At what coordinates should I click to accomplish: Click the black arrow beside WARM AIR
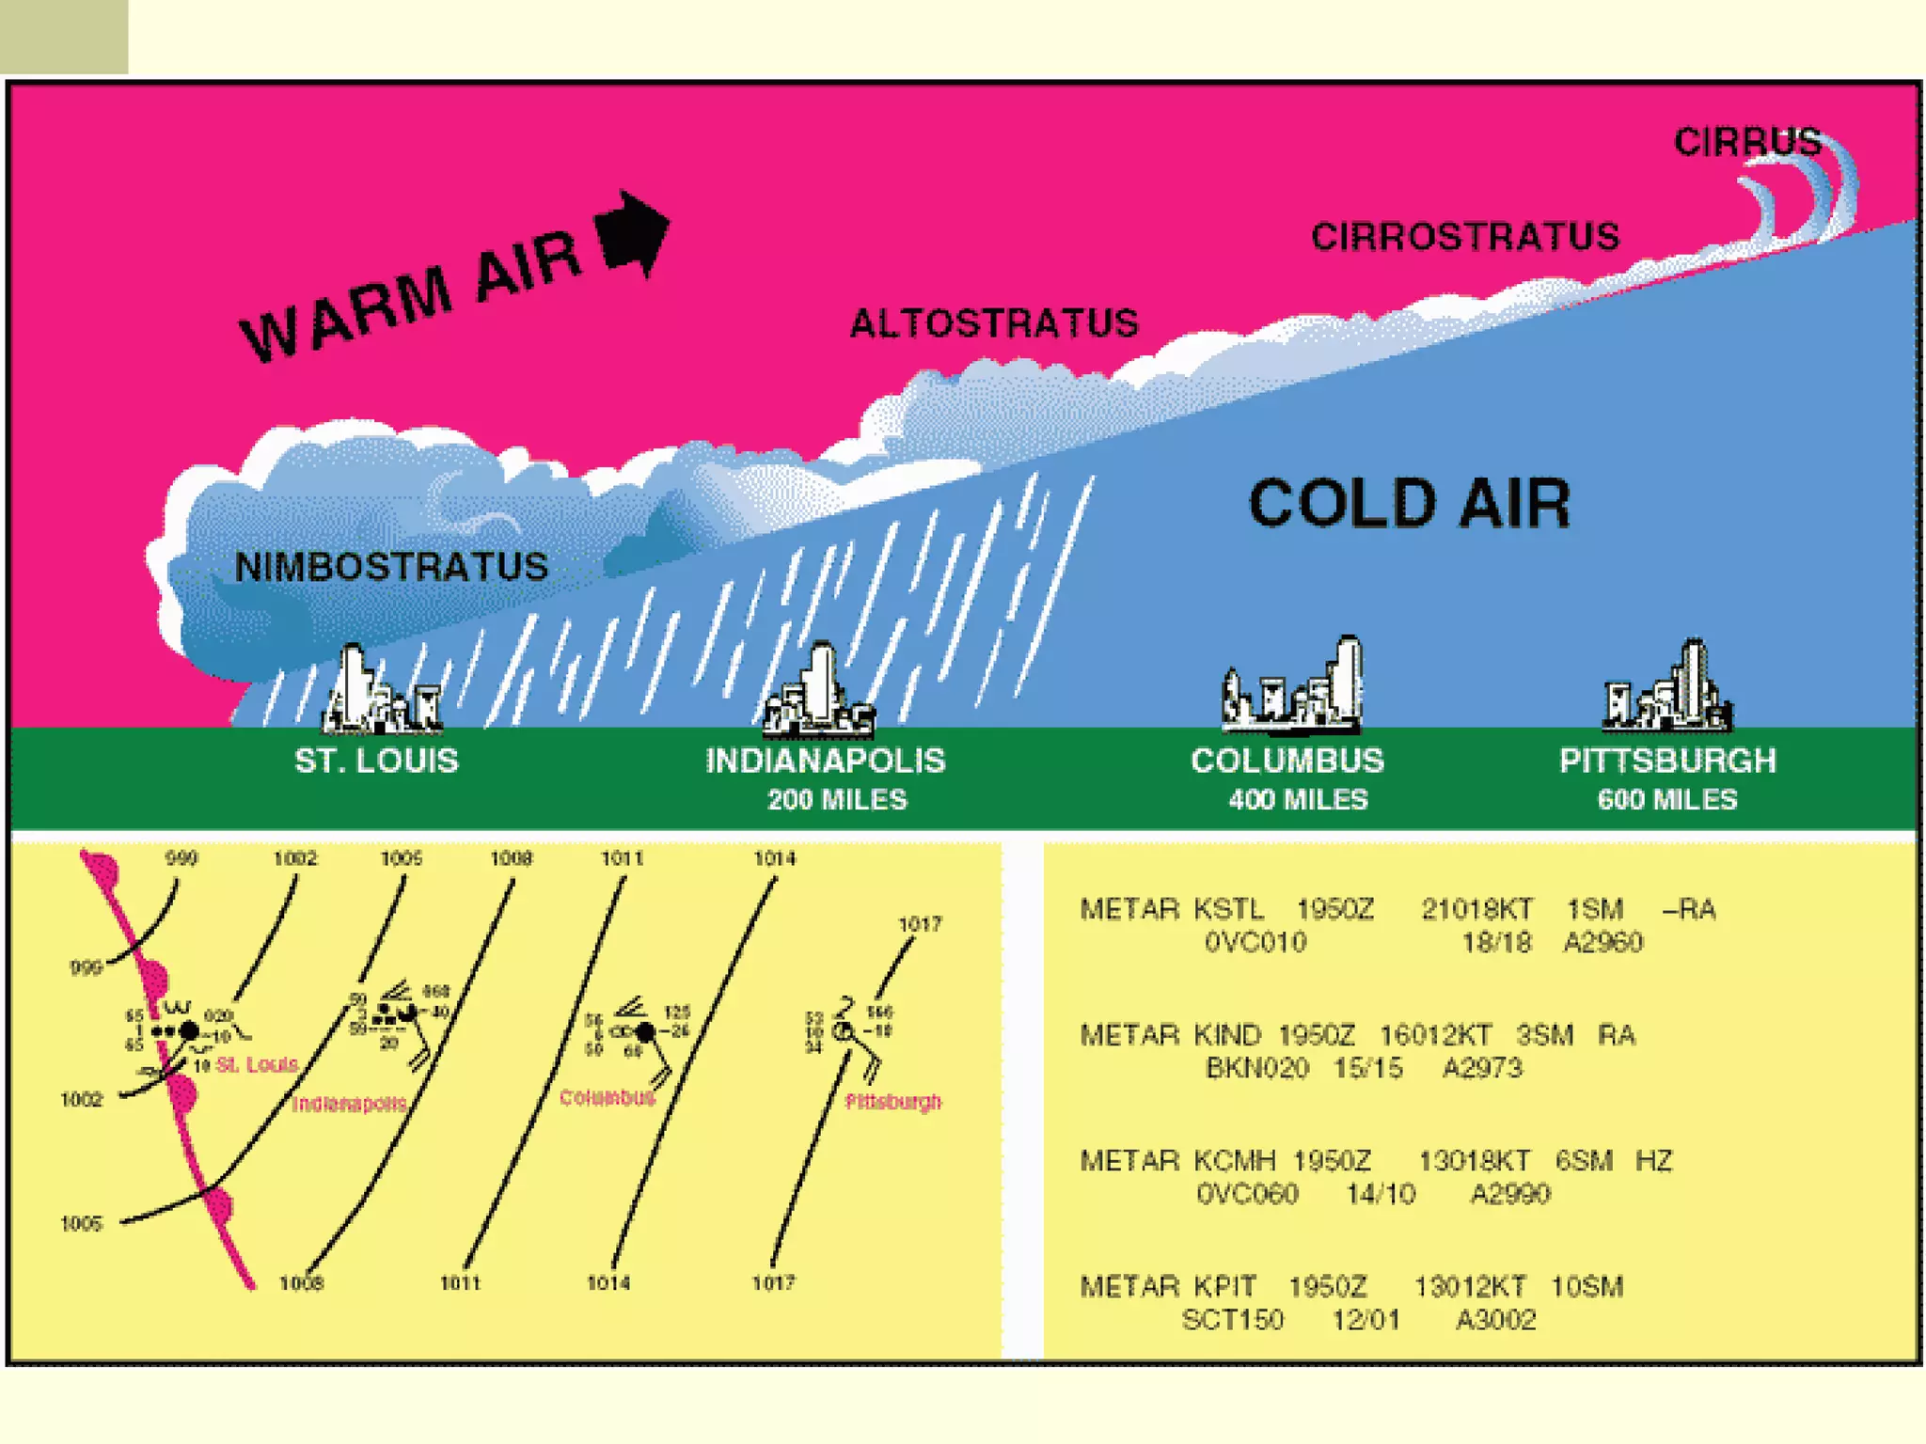click(x=632, y=232)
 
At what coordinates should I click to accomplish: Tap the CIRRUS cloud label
click(x=1747, y=142)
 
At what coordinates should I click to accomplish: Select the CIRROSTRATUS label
click(x=1465, y=237)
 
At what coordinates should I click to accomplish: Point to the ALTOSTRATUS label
click(x=994, y=323)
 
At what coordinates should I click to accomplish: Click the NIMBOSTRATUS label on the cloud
click(x=391, y=567)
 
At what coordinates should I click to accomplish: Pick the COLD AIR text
click(x=1409, y=503)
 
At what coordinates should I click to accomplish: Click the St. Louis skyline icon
click(x=379, y=692)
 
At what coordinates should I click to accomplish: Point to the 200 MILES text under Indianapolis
click(x=837, y=800)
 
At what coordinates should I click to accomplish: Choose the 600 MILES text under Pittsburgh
click(x=1667, y=800)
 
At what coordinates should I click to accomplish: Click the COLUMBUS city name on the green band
click(x=1287, y=761)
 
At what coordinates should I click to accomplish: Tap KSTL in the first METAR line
click(x=1228, y=909)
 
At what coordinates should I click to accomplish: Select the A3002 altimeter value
click(x=1495, y=1320)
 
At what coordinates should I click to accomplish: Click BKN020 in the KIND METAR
click(x=1256, y=1069)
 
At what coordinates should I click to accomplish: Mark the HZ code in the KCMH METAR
click(x=1654, y=1161)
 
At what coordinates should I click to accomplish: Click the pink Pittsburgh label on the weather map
click(x=892, y=1102)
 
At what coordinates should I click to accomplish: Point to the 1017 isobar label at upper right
click(x=919, y=924)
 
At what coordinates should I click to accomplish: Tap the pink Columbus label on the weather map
click(x=607, y=1098)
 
